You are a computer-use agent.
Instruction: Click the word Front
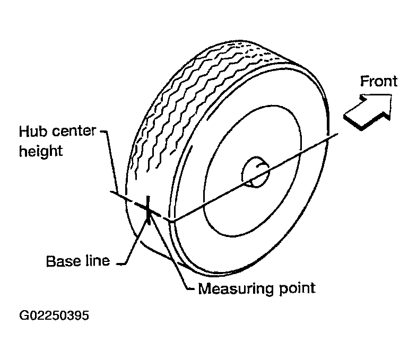tap(378, 81)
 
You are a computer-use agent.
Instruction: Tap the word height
tap(41, 151)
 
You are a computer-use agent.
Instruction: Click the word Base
tap(62, 261)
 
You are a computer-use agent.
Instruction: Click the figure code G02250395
tap(54, 317)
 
